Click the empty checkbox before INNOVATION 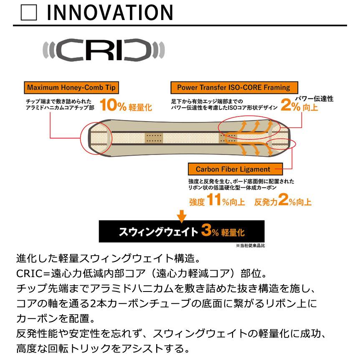[30, 14]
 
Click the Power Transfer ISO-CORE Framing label [233, 88]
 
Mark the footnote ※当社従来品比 [250, 246]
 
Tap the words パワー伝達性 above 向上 [314, 99]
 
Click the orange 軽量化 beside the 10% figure [140, 107]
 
